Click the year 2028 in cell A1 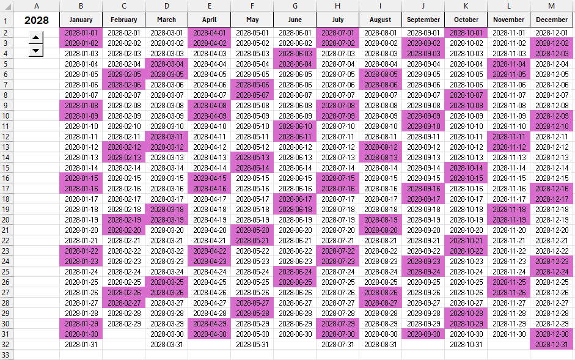(37, 20)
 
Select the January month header (81, 20)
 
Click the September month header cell (423, 20)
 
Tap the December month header (551, 20)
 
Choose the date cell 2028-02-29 (123, 323)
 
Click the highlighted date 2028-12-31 (551, 344)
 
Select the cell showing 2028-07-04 (337, 64)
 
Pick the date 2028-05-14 (252, 167)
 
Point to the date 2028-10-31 (466, 344)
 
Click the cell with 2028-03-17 (166, 199)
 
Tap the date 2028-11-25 (508, 282)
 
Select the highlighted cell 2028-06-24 (295, 271)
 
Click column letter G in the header (295, 6)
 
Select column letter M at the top (551, 6)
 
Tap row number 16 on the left (5, 178)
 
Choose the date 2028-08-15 (380, 178)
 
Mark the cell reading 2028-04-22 (209, 251)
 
